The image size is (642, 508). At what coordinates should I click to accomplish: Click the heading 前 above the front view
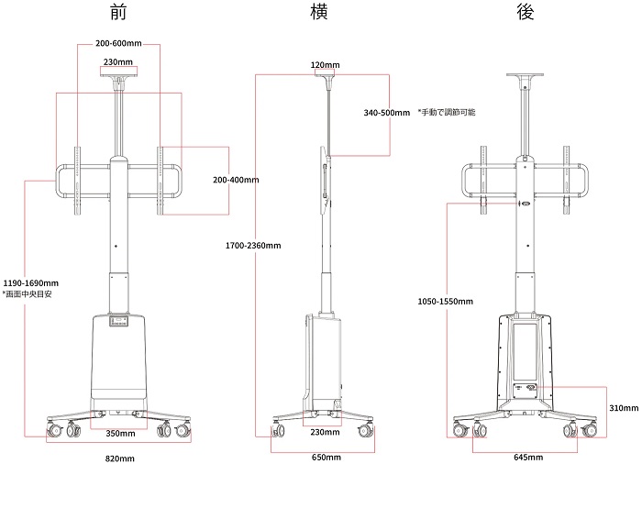(x=118, y=12)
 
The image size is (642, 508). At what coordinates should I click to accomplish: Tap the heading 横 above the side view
(x=318, y=11)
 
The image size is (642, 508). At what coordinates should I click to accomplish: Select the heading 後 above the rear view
(x=526, y=12)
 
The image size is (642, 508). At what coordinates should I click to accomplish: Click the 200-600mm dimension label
(x=118, y=43)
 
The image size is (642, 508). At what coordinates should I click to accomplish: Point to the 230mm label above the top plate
(x=118, y=61)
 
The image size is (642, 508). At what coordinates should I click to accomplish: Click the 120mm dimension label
(x=325, y=65)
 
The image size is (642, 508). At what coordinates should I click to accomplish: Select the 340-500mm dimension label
(x=386, y=113)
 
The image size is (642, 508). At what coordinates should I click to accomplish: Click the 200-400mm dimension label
(x=236, y=180)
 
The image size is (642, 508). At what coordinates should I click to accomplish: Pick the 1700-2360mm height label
(x=253, y=246)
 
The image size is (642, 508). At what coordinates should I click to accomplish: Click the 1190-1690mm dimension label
(x=30, y=282)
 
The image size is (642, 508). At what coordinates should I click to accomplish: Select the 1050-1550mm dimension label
(x=445, y=302)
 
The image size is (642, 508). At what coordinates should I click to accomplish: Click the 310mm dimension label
(x=624, y=408)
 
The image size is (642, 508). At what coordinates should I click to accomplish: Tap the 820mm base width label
(x=120, y=458)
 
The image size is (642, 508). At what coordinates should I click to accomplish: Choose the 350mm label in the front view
(x=120, y=433)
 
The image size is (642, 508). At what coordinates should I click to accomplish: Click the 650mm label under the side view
(x=327, y=457)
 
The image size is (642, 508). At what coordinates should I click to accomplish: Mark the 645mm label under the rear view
(x=528, y=457)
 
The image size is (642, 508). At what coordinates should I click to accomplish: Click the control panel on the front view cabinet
(x=118, y=320)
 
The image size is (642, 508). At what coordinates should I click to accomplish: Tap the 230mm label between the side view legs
(x=325, y=432)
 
